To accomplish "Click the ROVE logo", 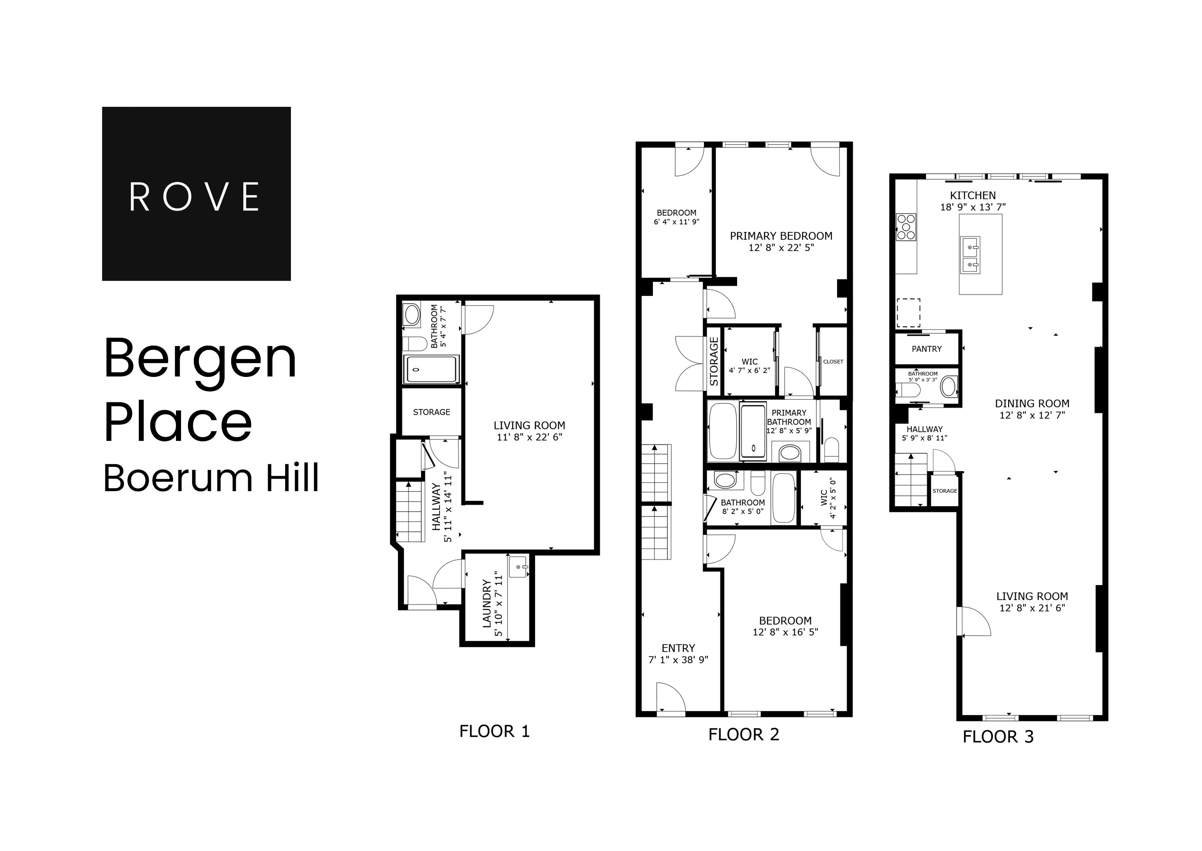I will click(x=196, y=194).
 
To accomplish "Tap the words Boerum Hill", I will click(x=211, y=478).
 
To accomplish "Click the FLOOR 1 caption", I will click(x=494, y=731).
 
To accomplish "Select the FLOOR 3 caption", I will click(x=998, y=737).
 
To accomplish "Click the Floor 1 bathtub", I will click(x=431, y=369).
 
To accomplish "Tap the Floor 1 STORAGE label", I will click(x=431, y=412).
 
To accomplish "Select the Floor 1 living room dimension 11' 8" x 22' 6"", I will click(x=529, y=437).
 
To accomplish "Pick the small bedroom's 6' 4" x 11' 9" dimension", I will click(x=677, y=221).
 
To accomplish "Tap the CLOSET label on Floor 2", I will click(x=833, y=362).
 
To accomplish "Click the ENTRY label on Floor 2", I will click(x=678, y=648).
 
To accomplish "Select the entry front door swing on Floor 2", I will click(x=670, y=698).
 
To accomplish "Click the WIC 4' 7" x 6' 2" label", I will click(x=749, y=366).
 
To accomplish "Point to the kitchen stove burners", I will click(x=906, y=226).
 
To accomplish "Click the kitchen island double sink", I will click(x=970, y=255).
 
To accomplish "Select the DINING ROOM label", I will click(x=1032, y=403).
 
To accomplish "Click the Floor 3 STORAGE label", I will click(x=944, y=491).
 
